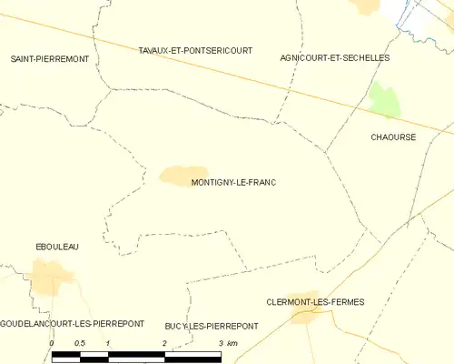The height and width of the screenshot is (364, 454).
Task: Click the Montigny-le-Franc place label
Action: (233, 182)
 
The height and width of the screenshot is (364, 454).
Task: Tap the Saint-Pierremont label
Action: (49, 58)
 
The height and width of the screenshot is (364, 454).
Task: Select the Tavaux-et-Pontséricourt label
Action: (195, 51)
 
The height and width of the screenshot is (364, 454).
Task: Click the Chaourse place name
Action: (393, 137)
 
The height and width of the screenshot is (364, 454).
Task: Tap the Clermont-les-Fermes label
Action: (314, 301)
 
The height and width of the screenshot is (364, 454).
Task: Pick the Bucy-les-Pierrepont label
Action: (212, 326)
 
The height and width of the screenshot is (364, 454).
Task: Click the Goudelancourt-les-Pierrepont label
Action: (65, 325)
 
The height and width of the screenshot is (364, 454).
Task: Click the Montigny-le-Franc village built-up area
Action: (184, 174)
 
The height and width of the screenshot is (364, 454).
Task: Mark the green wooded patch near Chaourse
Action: (384, 99)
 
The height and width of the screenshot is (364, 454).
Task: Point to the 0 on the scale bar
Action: (52, 343)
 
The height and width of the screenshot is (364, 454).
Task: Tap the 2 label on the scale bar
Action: (164, 343)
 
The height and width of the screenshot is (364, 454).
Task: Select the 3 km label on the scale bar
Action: (226, 343)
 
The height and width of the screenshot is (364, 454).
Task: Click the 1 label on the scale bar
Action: (108, 343)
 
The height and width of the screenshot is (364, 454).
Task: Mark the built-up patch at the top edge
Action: (367, 5)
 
